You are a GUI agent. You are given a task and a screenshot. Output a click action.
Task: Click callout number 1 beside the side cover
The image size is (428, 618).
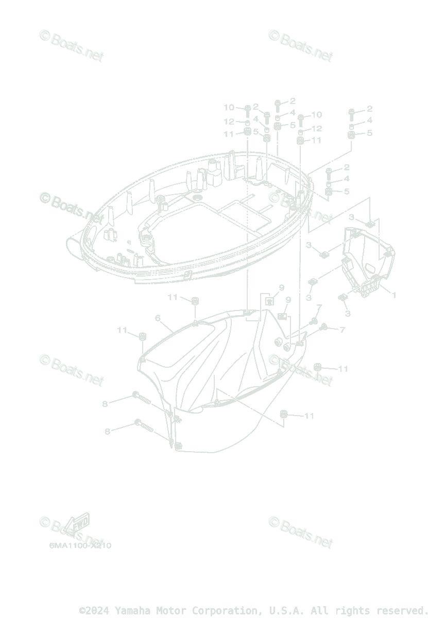pyautogui.click(x=394, y=296)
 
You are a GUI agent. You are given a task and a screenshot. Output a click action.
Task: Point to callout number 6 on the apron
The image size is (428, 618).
pyautogui.click(x=158, y=318)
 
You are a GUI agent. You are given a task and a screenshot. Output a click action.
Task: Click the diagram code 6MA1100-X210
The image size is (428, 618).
pyautogui.click(x=80, y=545)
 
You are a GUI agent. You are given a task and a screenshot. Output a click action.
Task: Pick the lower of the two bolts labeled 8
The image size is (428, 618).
pyautogui.click(x=146, y=425)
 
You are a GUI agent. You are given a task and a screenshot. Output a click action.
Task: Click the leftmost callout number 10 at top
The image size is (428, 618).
pyautogui.click(x=229, y=107)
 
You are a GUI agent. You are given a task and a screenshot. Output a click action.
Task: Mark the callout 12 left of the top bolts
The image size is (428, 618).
pyautogui.click(x=229, y=122)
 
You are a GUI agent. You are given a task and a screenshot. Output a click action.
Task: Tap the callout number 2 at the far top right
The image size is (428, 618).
pyautogui.click(x=369, y=109)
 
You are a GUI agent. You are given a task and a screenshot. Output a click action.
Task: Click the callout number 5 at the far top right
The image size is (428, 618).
pyautogui.click(x=369, y=133)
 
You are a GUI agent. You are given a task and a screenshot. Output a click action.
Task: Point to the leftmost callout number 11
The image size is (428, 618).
pyautogui.click(x=122, y=330)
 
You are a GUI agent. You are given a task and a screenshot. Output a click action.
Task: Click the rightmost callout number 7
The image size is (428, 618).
pyautogui.click(x=342, y=330)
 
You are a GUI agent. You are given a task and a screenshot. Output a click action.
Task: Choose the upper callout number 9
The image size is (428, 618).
pyautogui.click(x=282, y=287)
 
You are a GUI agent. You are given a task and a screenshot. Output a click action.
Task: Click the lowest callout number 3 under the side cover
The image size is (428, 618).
pyautogui.click(x=348, y=313)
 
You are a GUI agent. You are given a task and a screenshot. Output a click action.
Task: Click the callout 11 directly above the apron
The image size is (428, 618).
pyautogui.click(x=173, y=297)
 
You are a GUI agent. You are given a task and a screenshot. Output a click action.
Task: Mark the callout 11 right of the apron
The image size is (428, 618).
pyautogui.click(x=343, y=369)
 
